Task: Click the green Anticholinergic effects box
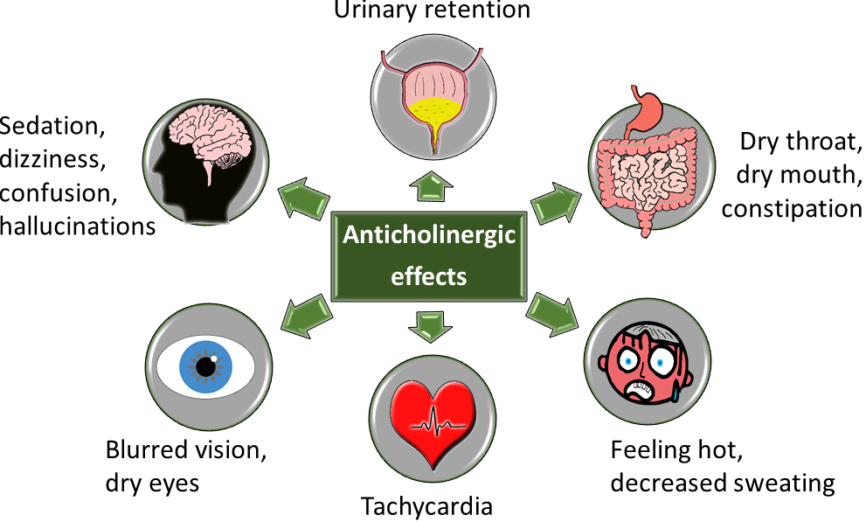[428, 256]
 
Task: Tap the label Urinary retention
[432, 10]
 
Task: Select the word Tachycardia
[426, 506]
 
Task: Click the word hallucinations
[78, 226]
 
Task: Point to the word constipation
[792, 210]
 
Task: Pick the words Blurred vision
[186, 449]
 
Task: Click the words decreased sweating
[723, 483]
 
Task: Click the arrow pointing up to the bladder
[431, 186]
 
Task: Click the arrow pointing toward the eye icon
[307, 316]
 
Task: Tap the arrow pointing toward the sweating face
[551, 314]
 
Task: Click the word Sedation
[52, 127]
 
